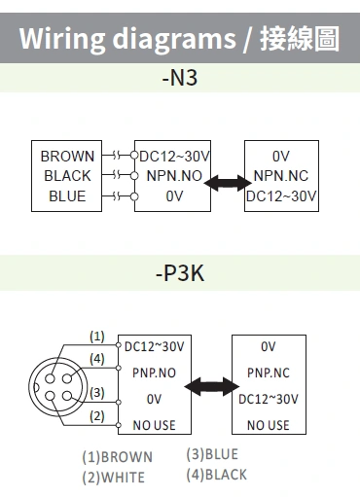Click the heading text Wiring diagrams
click(127, 39)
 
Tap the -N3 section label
click(180, 77)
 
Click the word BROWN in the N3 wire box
click(67, 156)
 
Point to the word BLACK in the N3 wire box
click(67, 176)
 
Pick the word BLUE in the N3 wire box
click(67, 196)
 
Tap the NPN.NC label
click(281, 176)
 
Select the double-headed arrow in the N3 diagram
click(228, 182)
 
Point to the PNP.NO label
click(156, 373)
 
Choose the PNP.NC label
click(268, 373)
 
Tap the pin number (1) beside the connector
click(96, 337)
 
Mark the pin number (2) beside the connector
click(96, 417)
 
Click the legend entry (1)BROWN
click(118, 457)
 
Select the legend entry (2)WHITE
click(114, 477)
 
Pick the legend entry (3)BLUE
click(211, 454)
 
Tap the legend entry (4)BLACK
click(216, 475)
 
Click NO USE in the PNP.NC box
click(268, 425)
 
